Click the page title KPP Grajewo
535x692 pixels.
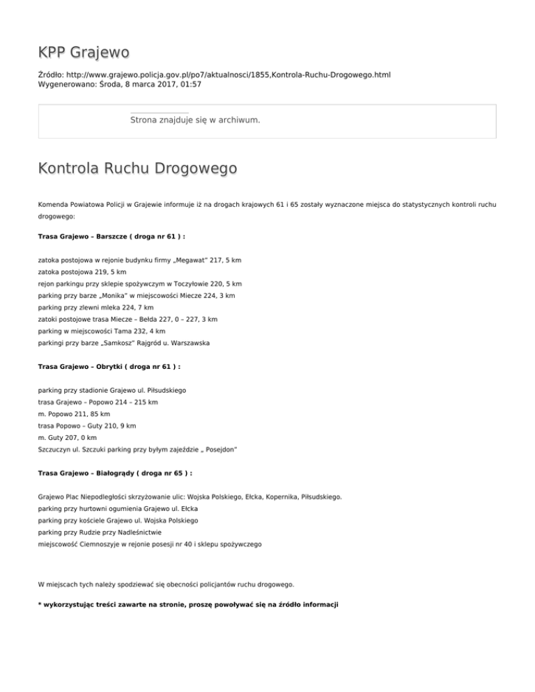tap(84, 53)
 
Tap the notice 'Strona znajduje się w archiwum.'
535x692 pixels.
tap(195, 120)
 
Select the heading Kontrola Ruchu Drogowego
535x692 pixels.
tap(137, 169)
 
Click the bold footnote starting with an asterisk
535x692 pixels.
tap(188, 604)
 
